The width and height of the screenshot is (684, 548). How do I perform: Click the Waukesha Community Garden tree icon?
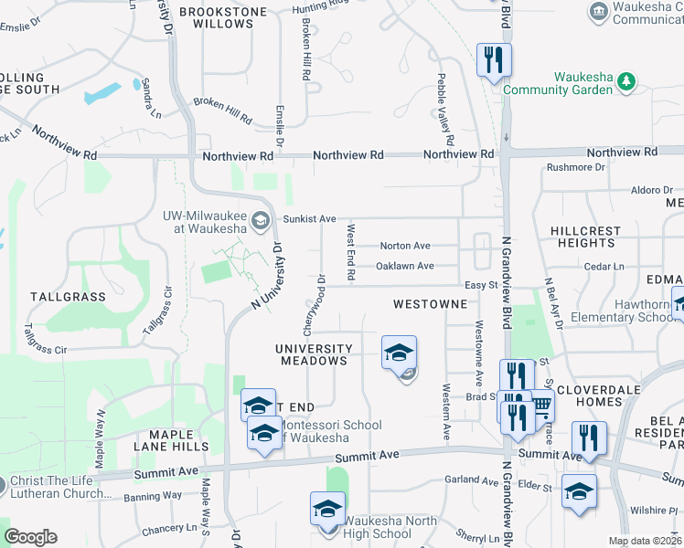tap(627, 82)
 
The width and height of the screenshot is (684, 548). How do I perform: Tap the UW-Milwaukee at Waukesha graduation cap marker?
tap(261, 220)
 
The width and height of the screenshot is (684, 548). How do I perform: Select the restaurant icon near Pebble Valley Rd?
tap(494, 60)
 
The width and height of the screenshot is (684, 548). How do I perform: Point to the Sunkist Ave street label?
tap(310, 219)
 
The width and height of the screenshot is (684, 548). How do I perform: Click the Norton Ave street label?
tap(404, 246)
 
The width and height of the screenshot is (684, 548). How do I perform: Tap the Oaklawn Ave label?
tap(404, 266)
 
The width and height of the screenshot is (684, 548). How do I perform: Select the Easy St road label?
tap(478, 285)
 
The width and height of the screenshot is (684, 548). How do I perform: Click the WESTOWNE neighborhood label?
tap(424, 302)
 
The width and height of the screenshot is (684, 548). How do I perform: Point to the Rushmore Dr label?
tap(575, 168)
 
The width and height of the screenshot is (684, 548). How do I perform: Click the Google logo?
tap(31, 536)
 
